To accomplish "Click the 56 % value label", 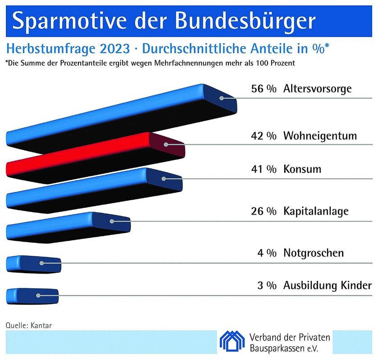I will point(264,89).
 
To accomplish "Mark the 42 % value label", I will point(264,136).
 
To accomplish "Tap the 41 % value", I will point(264,170).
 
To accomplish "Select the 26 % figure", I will point(264,211).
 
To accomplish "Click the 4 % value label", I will point(267,253).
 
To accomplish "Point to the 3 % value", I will point(267,285).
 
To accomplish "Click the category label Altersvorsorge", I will point(317,89).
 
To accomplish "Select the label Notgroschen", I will point(313,253).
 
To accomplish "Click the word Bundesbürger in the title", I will point(243,21).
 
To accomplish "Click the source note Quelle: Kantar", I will point(26,324).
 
